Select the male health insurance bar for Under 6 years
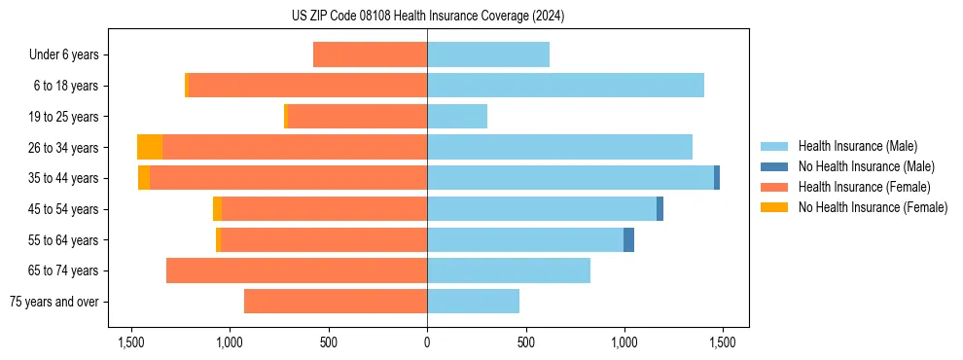(x=488, y=54)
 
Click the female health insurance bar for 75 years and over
(x=336, y=302)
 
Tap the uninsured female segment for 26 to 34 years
(x=150, y=147)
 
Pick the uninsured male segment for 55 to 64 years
(x=628, y=239)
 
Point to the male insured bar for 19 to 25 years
(x=457, y=117)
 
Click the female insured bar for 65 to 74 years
(x=297, y=270)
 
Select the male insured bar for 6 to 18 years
(x=565, y=86)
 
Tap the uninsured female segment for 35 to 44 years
(x=144, y=178)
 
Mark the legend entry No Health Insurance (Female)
(x=873, y=207)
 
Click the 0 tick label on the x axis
(x=427, y=342)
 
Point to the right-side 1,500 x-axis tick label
(x=722, y=342)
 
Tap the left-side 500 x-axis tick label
(x=328, y=342)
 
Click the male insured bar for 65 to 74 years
(x=509, y=270)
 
